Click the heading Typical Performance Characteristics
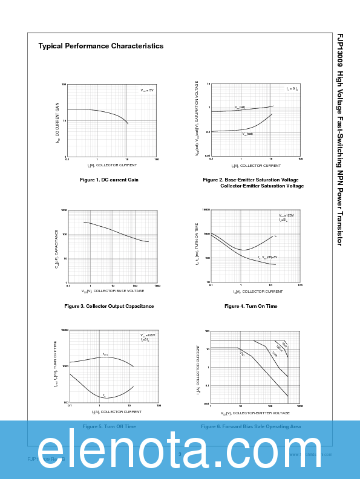tap(100, 46)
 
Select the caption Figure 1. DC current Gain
tap(109, 180)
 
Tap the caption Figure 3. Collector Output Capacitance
tap(109, 306)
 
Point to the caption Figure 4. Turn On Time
tap(250, 306)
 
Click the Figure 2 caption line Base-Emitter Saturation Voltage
tap(250, 180)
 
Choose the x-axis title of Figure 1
tap(112, 165)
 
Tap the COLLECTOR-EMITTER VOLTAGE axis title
tap(255, 413)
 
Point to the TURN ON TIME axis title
tap(196, 245)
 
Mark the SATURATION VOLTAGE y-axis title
tap(196, 119)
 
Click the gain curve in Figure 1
tap(103, 111)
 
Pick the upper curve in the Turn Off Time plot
tap(106, 357)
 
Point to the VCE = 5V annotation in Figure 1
tap(147, 90)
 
